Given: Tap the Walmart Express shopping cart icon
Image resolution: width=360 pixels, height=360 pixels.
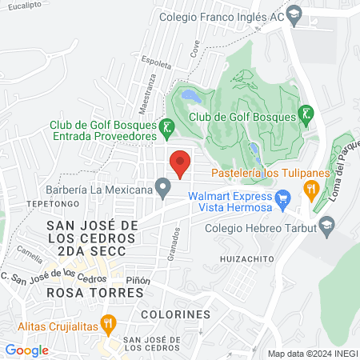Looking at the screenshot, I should [282, 197].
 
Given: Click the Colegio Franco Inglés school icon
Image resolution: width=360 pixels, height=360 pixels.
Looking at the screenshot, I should [294, 14].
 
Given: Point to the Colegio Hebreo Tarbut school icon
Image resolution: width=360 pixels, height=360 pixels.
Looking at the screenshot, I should [326, 226].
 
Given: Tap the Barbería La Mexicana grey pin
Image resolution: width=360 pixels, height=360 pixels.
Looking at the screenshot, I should [163, 190].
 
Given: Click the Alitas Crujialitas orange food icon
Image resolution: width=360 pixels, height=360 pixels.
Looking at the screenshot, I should [110, 325].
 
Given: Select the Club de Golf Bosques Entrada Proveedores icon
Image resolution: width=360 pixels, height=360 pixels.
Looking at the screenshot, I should [166, 127].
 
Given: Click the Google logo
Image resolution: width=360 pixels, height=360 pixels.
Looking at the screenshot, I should [27, 350].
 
